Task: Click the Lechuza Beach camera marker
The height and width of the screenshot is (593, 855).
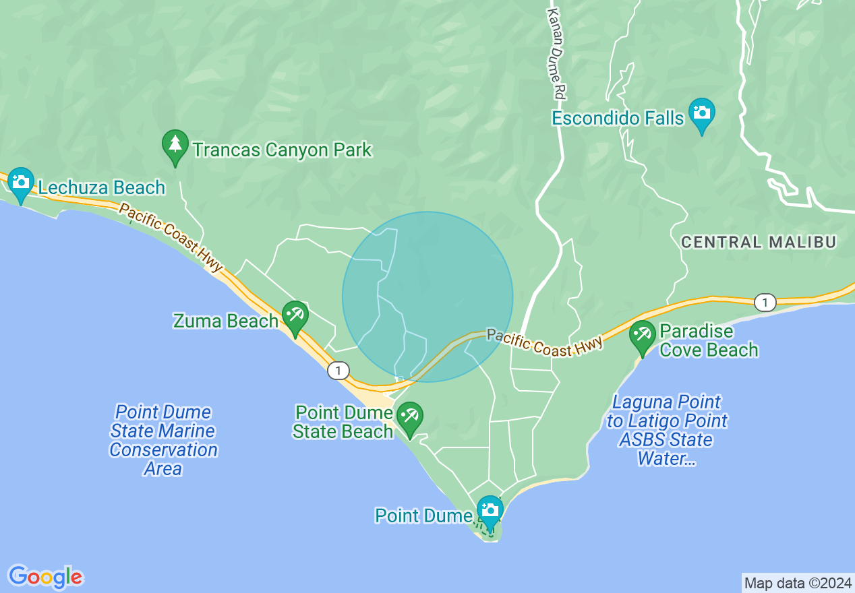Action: pos(21,183)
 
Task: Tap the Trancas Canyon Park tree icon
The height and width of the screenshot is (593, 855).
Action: pos(175,146)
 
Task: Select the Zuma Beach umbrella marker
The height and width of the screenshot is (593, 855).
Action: pos(295,317)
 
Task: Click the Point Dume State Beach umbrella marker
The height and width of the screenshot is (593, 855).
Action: pos(409,417)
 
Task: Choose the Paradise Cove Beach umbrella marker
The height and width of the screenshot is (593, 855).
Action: pos(642,336)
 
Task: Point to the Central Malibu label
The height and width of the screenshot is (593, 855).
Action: pos(759,242)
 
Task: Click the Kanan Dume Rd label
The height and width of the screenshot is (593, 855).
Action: pos(555,51)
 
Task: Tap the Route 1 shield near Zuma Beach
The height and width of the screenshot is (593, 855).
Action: pos(338,370)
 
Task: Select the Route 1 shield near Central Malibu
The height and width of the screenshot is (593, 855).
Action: pos(764,303)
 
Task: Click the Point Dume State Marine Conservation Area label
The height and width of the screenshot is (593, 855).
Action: pos(163,440)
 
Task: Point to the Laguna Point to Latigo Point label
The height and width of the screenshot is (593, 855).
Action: pos(666,431)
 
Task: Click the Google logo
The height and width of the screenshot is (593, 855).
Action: pos(46,577)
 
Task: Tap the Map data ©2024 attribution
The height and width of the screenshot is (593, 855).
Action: pos(798,583)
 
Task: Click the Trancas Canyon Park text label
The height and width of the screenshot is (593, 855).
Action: pos(282,150)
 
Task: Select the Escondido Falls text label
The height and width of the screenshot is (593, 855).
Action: pos(618,119)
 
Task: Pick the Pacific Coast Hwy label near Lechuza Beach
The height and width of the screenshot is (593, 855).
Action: pos(171,237)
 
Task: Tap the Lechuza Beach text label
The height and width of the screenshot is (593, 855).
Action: pos(101,187)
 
